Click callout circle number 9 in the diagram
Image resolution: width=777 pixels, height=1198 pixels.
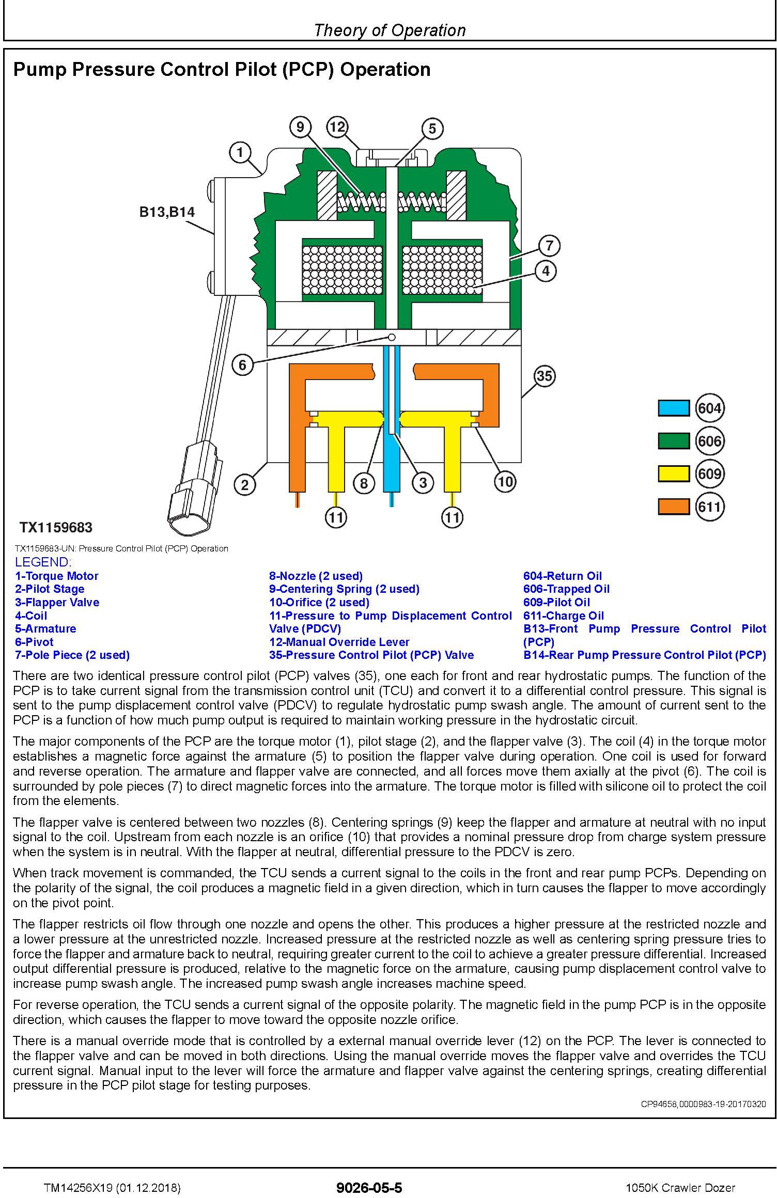[x=300, y=127]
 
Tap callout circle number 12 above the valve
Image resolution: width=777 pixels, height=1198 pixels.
[x=337, y=127]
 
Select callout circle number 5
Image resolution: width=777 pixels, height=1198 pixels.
[x=432, y=129]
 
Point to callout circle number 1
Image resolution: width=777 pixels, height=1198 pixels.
[x=240, y=152]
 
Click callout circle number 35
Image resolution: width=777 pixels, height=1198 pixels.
[x=544, y=376]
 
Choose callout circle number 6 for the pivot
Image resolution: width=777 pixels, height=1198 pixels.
[x=242, y=365]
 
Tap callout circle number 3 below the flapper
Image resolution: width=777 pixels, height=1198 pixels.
[x=423, y=483]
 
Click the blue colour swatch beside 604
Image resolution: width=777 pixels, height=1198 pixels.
[x=673, y=408]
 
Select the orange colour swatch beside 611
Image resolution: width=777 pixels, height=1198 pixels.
[x=673, y=507]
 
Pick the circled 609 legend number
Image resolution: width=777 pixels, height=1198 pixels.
[x=709, y=474]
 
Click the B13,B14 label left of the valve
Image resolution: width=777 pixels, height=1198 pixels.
[x=167, y=212]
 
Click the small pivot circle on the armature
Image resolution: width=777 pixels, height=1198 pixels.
[x=392, y=337]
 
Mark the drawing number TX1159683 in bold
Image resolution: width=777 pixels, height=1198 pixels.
[x=56, y=527]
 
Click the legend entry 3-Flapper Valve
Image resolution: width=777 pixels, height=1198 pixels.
[x=57, y=602]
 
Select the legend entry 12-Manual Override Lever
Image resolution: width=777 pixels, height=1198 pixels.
[x=339, y=642]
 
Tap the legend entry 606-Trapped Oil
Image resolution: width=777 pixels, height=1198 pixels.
[x=566, y=589]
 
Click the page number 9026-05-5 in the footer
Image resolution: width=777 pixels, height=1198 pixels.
[x=369, y=1173]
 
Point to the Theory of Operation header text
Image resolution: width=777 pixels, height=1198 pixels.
[x=390, y=30]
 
